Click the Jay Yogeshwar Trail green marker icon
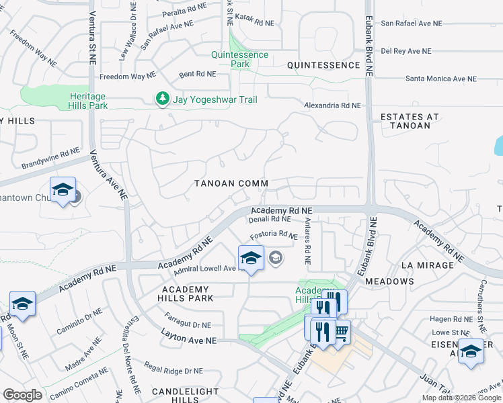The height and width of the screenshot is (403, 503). pos(162,99)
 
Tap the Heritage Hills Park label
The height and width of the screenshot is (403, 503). pos(98,101)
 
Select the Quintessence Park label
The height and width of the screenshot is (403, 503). pos(239,59)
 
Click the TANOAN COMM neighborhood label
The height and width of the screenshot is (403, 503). pos(231,183)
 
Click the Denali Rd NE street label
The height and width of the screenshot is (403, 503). pos(269,219)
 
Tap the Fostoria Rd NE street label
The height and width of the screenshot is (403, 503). pos(274,236)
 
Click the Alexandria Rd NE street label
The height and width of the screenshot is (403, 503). pos(332,105)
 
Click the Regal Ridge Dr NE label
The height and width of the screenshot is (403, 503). pos(173,371)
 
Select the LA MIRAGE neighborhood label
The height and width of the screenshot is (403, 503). pos(427,265)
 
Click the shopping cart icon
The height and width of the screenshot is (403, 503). pos(342,330)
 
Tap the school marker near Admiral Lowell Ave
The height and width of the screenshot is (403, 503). pos(250,258)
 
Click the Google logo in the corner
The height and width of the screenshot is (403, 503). pos(22,395)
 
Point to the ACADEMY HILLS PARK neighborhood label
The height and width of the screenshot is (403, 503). pos(186,293)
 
